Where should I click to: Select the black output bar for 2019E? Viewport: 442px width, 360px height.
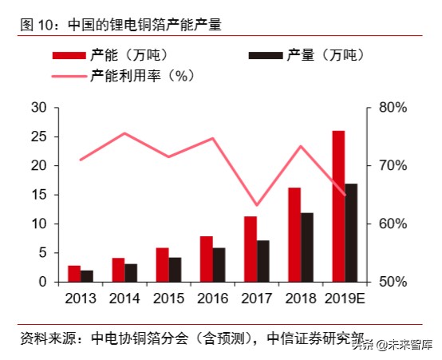tap(351, 232)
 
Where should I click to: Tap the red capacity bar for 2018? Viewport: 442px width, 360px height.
tap(294, 235)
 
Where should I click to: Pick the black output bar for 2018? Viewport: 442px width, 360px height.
tap(307, 247)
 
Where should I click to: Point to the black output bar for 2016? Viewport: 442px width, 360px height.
tap(219, 265)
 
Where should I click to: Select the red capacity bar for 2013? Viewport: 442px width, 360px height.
tap(74, 274)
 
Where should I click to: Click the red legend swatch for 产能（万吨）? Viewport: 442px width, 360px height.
tap(69, 56)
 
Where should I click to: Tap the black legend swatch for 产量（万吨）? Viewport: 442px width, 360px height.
tap(265, 56)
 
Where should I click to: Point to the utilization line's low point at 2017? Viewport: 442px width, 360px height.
tap(256, 206)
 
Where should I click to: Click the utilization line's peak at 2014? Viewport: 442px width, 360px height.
tap(124, 133)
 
